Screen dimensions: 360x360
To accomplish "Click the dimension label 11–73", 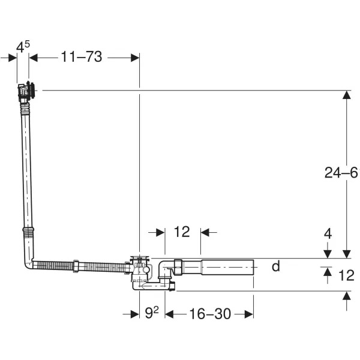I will pyautogui.click(x=81, y=57).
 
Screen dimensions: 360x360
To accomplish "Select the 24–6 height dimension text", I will pyautogui.click(x=341, y=173).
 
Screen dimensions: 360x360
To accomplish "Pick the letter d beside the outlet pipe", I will pyautogui.click(x=275, y=266).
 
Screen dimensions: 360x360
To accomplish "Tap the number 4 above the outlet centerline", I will pyautogui.click(x=328, y=234).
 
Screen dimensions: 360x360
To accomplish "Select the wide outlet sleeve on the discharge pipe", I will pyautogui.click(x=227, y=266).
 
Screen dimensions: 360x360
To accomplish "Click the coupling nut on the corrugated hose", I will pyautogui.click(x=76, y=266).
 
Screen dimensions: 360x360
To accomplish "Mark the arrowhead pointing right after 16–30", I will pyautogui.click(x=248, y=313).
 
